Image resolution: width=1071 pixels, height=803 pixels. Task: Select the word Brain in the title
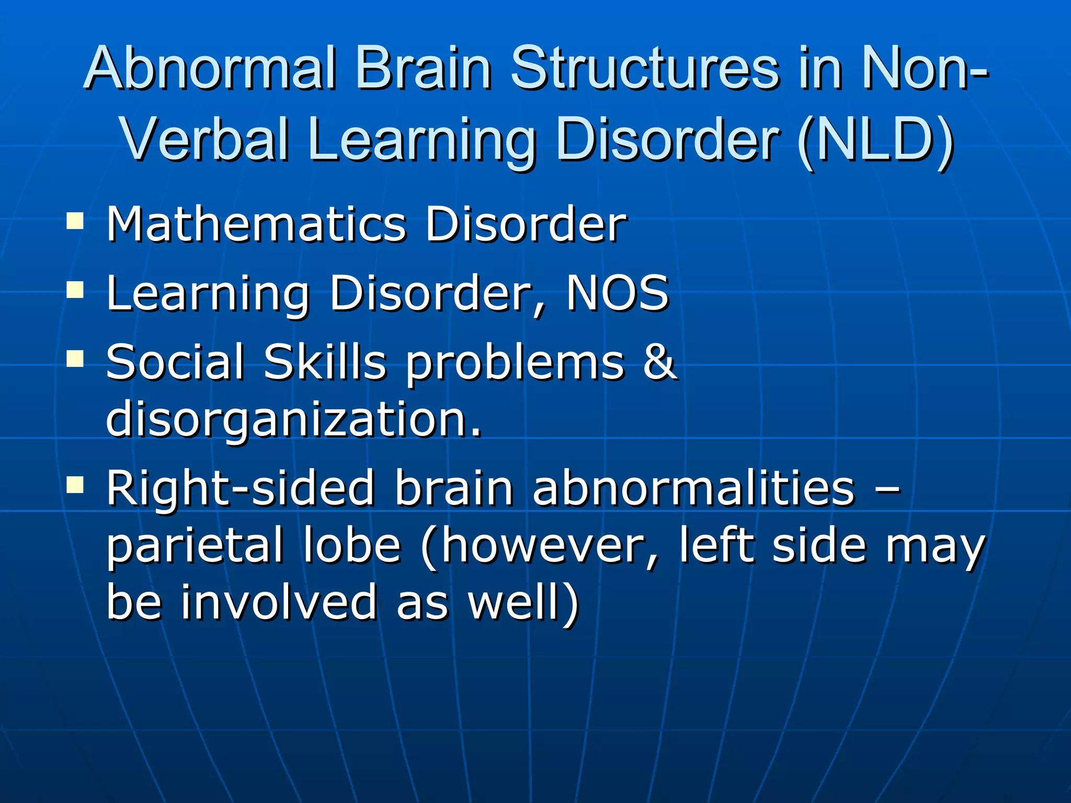424,68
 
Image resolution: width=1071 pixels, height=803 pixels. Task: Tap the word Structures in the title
646,68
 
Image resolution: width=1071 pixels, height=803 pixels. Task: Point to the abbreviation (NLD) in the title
876,140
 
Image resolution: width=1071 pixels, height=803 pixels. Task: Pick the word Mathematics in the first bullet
256,224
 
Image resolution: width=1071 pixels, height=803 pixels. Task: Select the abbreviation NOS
617,293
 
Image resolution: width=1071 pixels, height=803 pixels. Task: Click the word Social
175,362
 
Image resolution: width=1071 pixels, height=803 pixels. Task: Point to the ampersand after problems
659,362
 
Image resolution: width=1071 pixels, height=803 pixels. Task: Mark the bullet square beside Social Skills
75,359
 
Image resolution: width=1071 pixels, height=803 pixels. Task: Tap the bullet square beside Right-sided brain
75,485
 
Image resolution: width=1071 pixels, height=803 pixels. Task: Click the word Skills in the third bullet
325,362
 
